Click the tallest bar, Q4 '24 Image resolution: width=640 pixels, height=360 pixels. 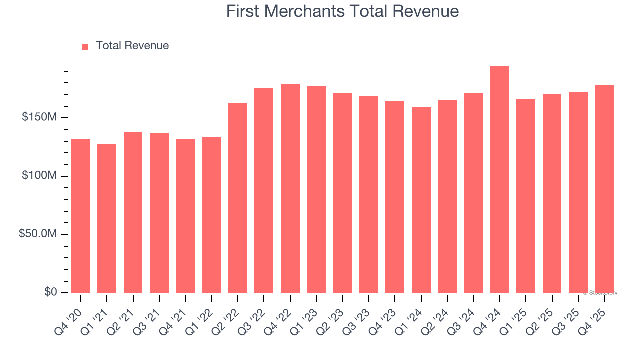click(x=499, y=180)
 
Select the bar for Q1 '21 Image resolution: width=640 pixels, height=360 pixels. click(x=107, y=218)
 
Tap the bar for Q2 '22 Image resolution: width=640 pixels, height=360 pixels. click(x=238, y=198)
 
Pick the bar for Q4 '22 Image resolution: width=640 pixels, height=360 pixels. click(x=290, y=188)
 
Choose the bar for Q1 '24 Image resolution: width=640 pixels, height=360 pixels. click(x=421, y=200)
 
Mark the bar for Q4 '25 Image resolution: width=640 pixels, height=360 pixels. click(x=604, y=189)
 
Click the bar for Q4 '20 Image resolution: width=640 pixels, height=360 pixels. click(x=81, y=216)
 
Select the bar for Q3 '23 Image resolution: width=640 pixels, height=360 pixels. click(x=369, y=194)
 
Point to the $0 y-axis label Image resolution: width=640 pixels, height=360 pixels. click(x=50, y=292)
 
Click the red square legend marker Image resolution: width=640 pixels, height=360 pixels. click(x=85, y=46)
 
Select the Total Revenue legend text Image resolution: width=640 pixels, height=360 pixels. click(x=132, y=46)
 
